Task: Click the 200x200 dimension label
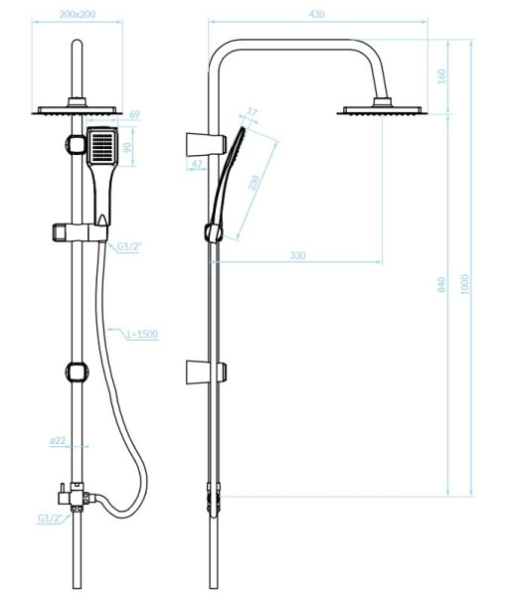coord(78,15)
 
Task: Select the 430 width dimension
coord(316,15)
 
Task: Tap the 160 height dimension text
coord(441,76)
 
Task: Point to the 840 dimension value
coord(441,285)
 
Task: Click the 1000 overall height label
coord(464,284)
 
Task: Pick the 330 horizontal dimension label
coord(297,255)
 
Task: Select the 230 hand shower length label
coord(254,183)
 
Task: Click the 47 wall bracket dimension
coord(197,164)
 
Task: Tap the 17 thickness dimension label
coord(253,111)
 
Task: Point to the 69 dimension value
coord(134,114)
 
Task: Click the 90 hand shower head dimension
coord(128,147)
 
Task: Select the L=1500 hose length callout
coord(142,334)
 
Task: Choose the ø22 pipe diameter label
coord(58,440)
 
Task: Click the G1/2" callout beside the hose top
coord(129,246)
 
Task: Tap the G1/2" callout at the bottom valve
coord(50,519)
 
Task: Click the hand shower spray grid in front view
coord(102,146)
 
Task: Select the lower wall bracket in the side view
coord(206,372)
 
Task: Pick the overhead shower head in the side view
coord(382,107)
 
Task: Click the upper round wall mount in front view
coord(77,144)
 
